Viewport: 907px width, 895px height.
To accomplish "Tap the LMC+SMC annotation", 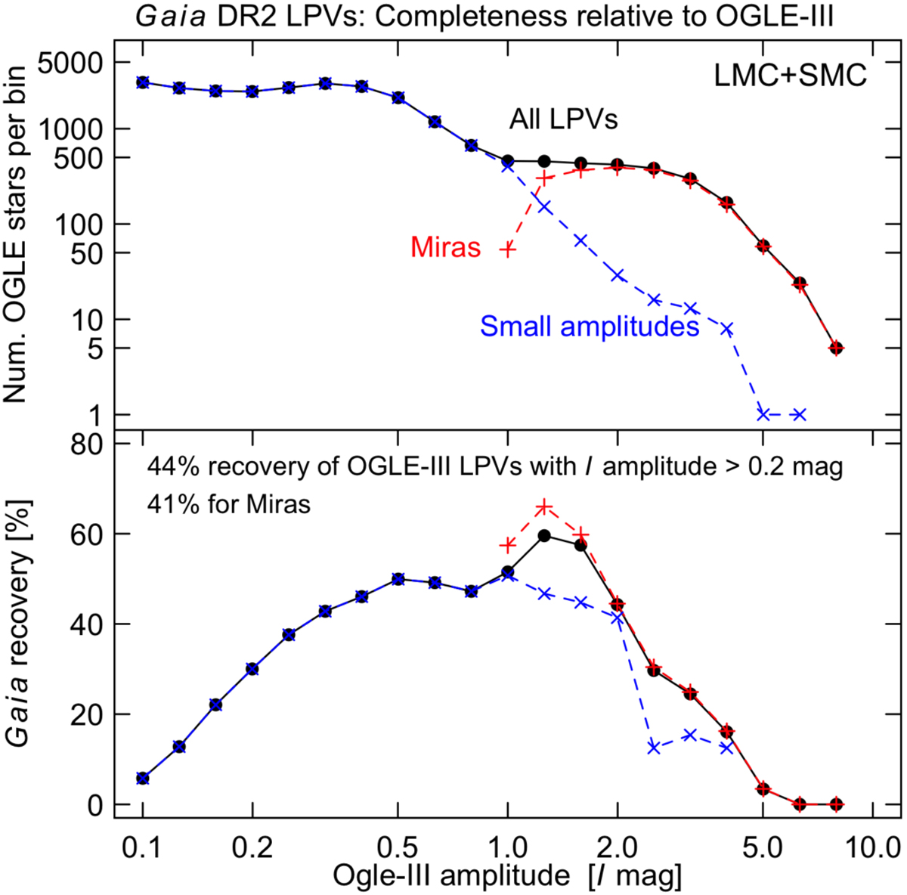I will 790,75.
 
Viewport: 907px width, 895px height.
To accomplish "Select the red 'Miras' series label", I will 446,247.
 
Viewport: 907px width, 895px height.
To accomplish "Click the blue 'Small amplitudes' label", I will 589,326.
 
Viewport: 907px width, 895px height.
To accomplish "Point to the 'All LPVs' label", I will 563,119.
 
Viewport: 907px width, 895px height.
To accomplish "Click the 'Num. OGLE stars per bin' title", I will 17,234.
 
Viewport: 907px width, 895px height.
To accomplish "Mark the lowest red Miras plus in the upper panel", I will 508,248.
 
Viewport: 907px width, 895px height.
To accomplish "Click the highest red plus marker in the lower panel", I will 544,507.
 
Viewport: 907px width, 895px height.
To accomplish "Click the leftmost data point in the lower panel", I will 143,778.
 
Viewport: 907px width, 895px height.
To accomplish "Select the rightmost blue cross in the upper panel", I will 800,414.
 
